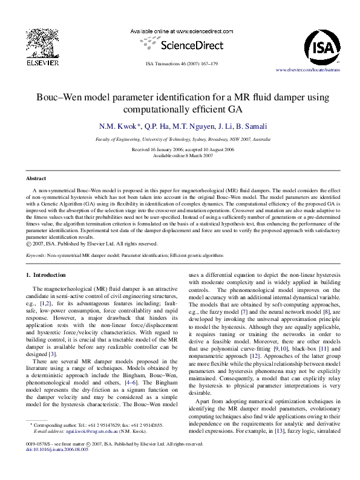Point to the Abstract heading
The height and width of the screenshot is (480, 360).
tap(36, 178)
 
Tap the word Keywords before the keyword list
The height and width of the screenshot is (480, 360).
tap(36, 256)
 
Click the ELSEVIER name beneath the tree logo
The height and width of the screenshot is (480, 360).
tap(41, 62)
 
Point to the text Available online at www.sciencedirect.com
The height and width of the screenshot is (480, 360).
tap(182, 31)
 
